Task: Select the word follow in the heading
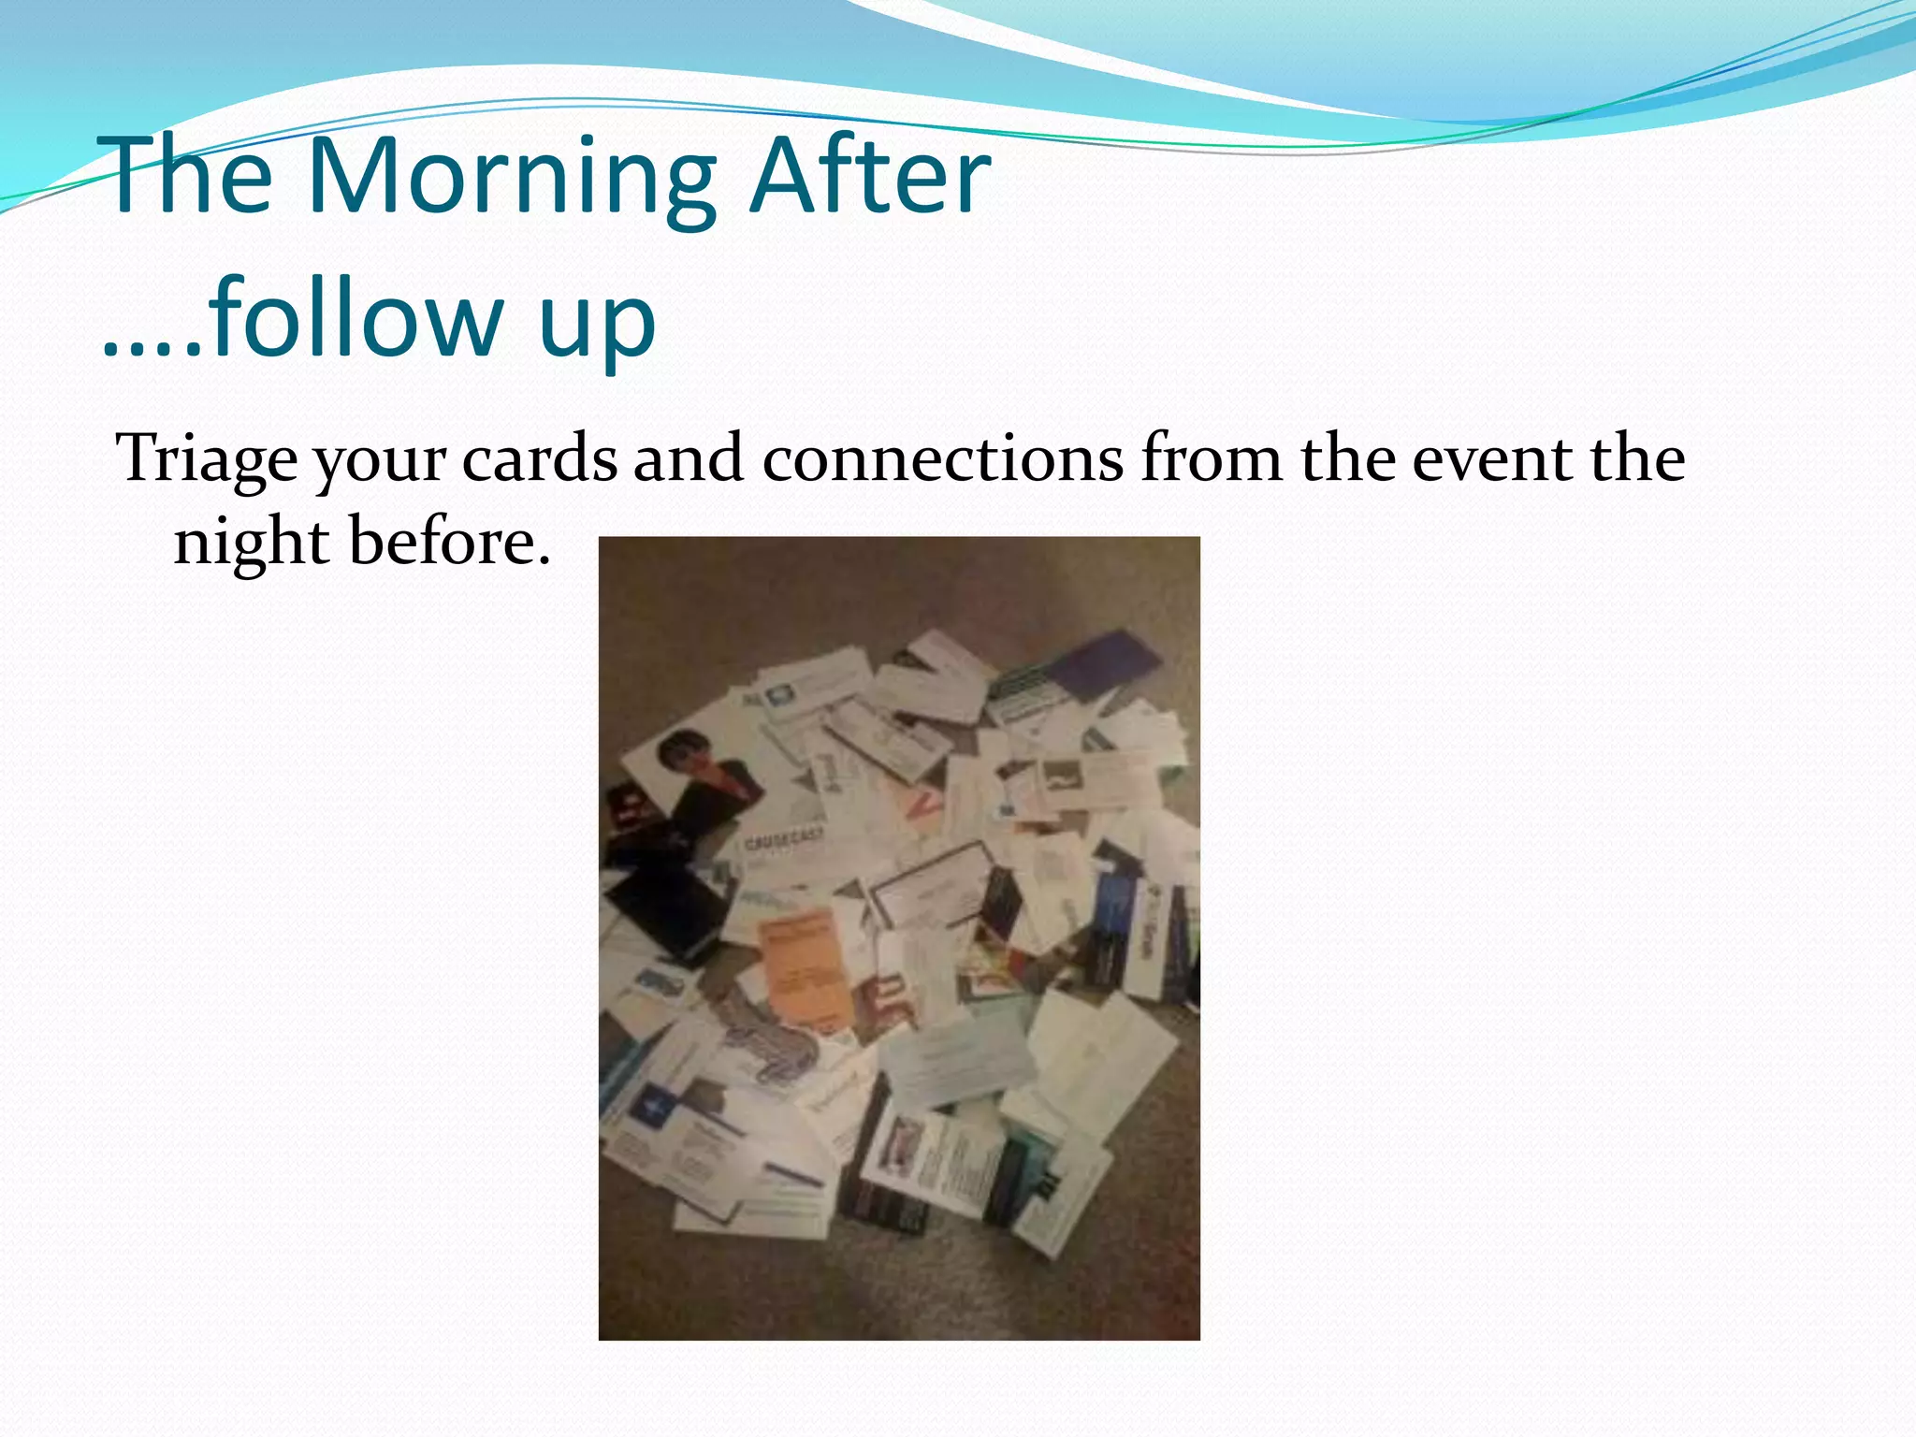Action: [356, 318]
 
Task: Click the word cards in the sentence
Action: [540, 458]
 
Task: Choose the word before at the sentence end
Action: [449, 542]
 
